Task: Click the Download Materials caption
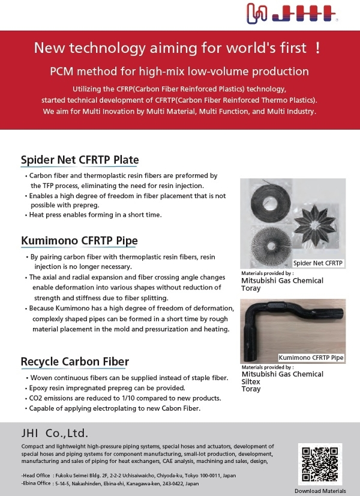(x=320, y=491)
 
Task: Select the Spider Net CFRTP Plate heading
(x=80, y=160)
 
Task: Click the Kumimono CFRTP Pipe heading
(x=79, y=241)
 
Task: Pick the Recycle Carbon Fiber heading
(x=75, y=361)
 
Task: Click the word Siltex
(x=251, y=381)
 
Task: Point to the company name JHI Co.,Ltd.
(x=55, y=433)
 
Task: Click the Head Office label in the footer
(x=37, y=476)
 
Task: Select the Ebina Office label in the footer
(x=36, y=483)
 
